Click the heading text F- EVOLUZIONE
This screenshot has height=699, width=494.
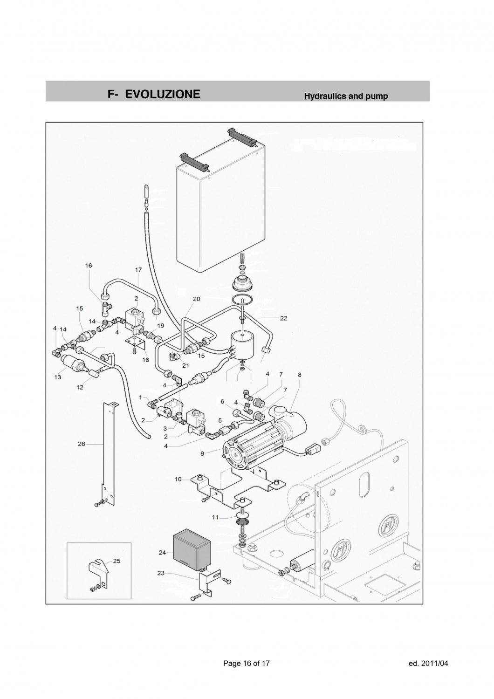pos(154,94)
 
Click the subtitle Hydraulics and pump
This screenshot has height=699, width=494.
pos(346,96)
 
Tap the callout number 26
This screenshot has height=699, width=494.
pos(82,444)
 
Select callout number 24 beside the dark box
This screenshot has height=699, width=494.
pos(162,553)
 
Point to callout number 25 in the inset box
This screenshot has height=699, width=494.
pos(117,561)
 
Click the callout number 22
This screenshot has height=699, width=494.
pos(283,318)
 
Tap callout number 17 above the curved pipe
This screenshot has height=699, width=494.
pos(138,269)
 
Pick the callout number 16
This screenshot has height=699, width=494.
pos(88,265)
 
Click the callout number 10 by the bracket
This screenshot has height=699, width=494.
pos(178,479)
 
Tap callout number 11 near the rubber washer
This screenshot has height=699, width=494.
pos(215,517)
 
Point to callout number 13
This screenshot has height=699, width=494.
pos(57,377)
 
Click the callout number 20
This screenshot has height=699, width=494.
pos(196,299)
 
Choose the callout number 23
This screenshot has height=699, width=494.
pos(160,574)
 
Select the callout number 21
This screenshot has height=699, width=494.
pos(185,365)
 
